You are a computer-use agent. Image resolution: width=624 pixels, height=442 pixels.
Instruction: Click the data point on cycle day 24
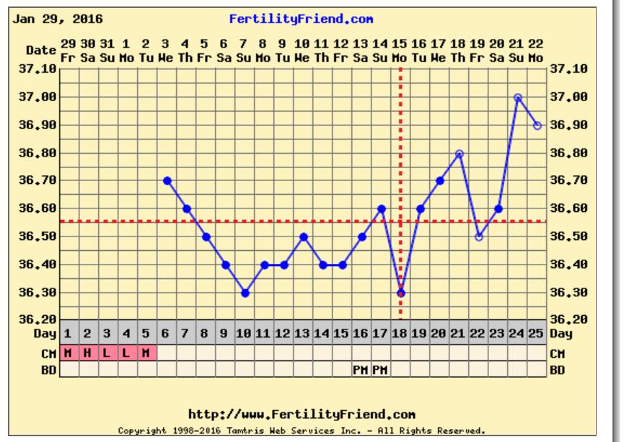pos(518,97)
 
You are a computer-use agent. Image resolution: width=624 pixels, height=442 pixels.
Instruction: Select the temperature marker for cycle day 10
pos(245,293)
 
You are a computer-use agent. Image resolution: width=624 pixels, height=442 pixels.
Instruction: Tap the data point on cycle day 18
pos(401,293)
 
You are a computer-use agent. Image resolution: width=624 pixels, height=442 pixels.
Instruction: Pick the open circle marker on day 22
pos(479,237)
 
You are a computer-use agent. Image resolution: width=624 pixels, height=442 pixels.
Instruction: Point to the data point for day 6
pos(167,180)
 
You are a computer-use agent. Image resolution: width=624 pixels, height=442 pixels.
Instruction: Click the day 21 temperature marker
pos(460,153)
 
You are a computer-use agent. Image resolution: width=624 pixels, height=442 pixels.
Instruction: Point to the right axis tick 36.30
pos(566,293)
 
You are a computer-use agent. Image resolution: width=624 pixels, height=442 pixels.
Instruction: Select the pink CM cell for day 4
pos(127,353)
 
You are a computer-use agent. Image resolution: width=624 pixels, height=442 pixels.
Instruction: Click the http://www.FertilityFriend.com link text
pos(301,415)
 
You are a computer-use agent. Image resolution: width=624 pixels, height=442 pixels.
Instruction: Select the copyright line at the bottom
pos(301,430)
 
